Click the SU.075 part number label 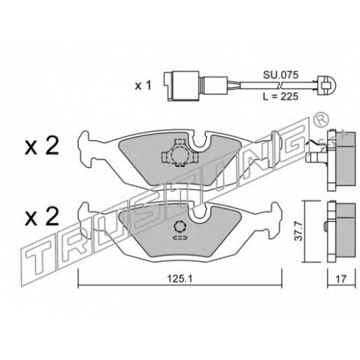pos(281,75)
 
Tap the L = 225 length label pos(281,96)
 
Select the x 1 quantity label pos(143,86)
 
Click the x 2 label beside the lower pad pos(42,217)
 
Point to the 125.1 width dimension pos(179,279)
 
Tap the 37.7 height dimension pos(299,231)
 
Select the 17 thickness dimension pos(341,279)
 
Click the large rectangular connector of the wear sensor pos(181,86)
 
